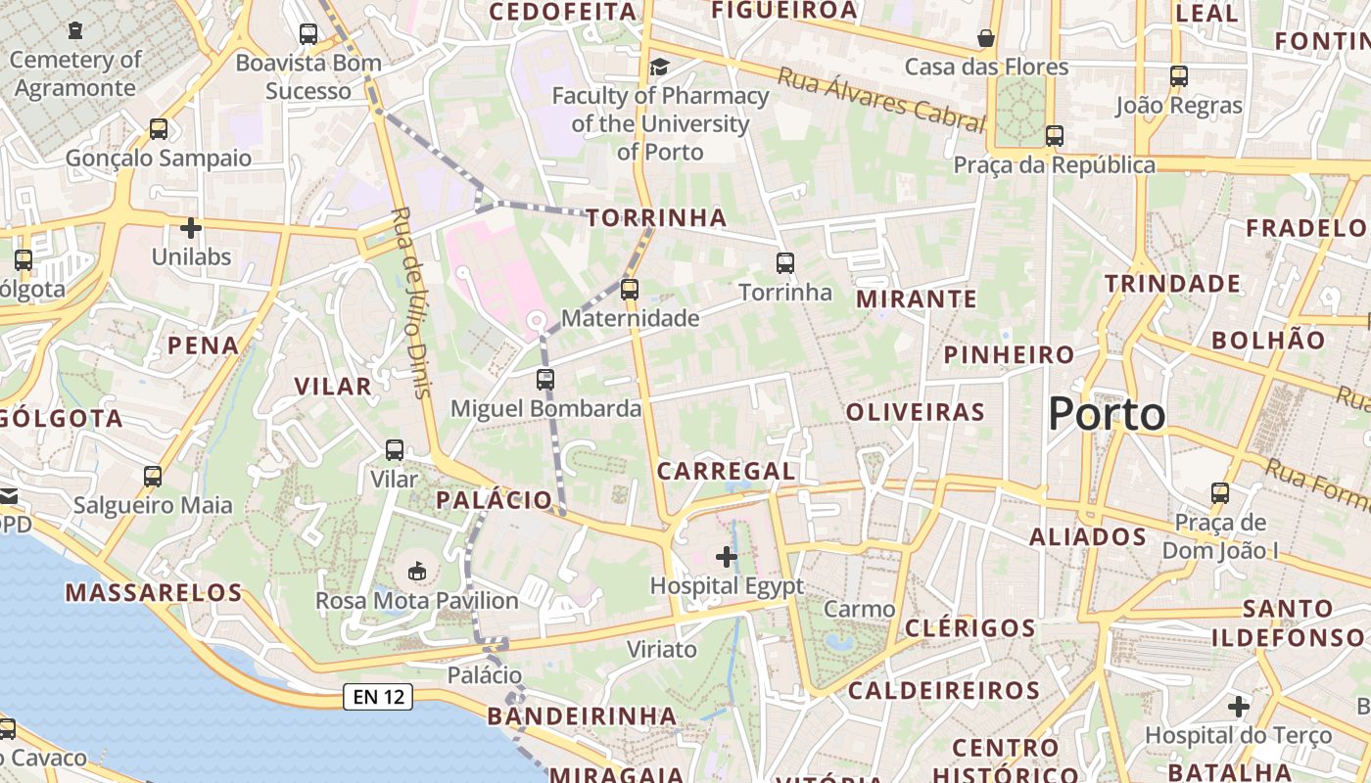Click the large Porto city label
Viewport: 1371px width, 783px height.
(x=1107, y=415)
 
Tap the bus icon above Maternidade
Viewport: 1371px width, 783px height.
(x=630, y=290)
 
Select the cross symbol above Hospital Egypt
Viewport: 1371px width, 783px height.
(x=727, y=557)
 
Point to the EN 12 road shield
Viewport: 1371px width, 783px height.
(x=377, y=697)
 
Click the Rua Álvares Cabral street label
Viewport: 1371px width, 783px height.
(x=880, y=100)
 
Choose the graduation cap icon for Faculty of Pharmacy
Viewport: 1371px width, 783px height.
(x=660, y=67)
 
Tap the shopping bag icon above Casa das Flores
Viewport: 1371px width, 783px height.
(x=986, y=38)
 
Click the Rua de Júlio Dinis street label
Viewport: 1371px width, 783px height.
(x=410, y=302)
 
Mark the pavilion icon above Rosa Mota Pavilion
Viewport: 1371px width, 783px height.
(x=417, y=570)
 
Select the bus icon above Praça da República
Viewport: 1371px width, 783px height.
(x=1055, y=136)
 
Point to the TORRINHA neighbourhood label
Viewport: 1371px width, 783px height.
(x=657, y=217)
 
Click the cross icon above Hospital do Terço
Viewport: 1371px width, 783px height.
(x=1239, y=706)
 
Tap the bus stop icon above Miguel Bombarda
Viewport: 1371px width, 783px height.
(x=545, y=380)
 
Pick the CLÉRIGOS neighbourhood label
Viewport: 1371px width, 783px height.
(x=969, y=627)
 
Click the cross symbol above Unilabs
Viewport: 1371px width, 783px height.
(x=191, y=228)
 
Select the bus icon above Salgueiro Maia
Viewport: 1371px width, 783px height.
(x=153, y=477)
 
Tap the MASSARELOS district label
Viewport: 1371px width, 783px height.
(x=154, y=592)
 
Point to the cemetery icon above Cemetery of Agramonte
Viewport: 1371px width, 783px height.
(x=75, y=31)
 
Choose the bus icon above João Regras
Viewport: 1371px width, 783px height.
(x=1179, y=76)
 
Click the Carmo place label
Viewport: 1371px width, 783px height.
(x=859, y=609)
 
